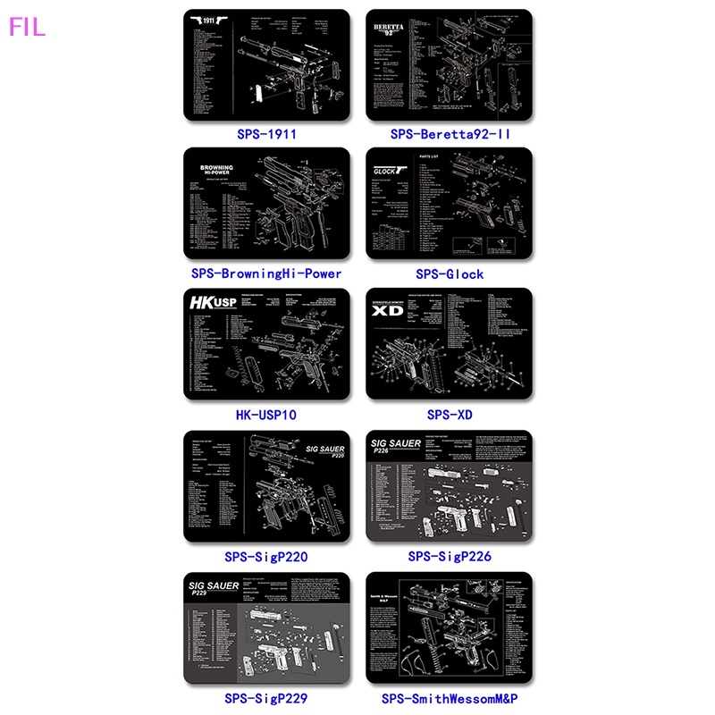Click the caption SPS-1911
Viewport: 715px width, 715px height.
(266, 134)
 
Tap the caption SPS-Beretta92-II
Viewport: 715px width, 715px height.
(450, 134)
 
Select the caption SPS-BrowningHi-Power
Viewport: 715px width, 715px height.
(266, 273)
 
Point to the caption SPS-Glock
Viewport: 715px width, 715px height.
(450, 273)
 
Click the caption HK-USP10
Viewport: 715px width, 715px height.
(266, 415)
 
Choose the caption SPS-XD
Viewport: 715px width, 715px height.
(450, 415)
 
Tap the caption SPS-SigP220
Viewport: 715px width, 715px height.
(266, 556)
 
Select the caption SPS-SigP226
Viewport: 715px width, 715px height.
(450, 556)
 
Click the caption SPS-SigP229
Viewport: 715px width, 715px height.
(266, 697)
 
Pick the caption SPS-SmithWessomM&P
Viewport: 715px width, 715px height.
(450, 697)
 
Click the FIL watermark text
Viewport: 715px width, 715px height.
(27, 27)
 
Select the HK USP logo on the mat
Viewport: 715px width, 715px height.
(213, 303)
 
